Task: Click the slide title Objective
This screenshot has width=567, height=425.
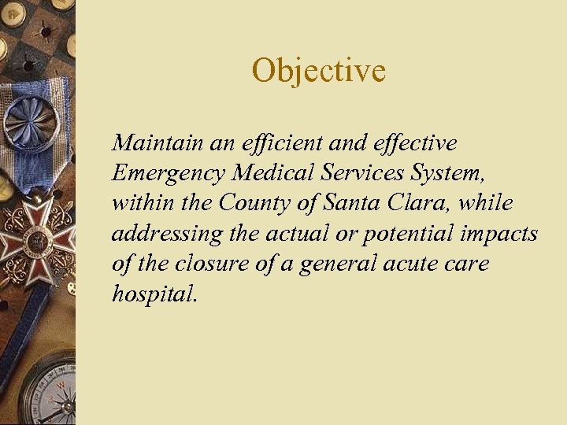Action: pos(319,71)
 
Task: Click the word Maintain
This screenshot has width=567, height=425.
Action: pos(150,143)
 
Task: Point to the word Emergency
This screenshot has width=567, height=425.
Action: pos(160,173)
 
